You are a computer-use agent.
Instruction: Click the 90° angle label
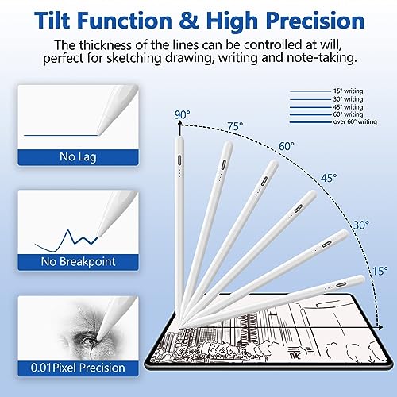click(182, 114)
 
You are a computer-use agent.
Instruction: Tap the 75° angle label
click(235, 126)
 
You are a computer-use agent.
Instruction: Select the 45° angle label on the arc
click(329, 178)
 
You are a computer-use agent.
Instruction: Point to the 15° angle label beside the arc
click(380, 271)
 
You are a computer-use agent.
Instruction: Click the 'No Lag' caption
click(78, 156)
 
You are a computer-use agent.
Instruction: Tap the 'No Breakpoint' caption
click(79, 262)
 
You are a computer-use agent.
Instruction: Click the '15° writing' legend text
click(348, 91)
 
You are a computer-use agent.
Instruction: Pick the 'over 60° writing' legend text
click(355, 121)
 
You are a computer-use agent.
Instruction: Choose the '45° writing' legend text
click(348, 107)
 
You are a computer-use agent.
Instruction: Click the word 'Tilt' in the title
click(52, 21)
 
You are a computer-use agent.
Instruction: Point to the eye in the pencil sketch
click(88, 341)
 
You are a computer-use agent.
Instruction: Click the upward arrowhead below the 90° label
click(180, 122)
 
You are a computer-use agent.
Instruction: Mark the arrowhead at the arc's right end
click(380, 327)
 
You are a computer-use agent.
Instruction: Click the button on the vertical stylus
click(179, 160)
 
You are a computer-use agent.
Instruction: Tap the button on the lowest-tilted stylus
click(341, 284)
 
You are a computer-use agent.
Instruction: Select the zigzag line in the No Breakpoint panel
click(66, 241)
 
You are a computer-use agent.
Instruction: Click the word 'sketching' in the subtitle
click(134, 58)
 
